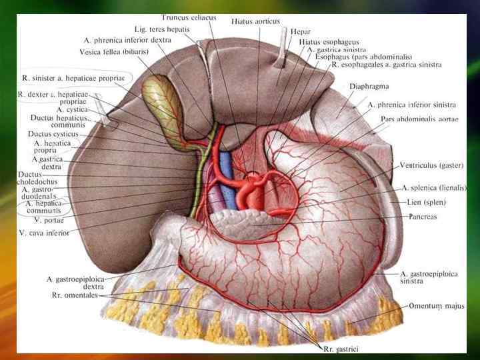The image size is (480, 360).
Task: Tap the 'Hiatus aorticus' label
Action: click(x=256, y=21)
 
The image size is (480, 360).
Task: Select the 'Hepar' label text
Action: click(x=299, y=31)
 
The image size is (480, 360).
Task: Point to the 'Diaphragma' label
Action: click(x=369, y=87)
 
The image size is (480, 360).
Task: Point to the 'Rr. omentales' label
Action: click(x=77, y=295)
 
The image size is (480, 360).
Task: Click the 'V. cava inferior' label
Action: click(x=44, y=233)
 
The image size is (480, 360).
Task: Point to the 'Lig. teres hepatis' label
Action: click(x=159, y=30)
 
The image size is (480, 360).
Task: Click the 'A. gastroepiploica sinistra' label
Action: click(x=429, y=277)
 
